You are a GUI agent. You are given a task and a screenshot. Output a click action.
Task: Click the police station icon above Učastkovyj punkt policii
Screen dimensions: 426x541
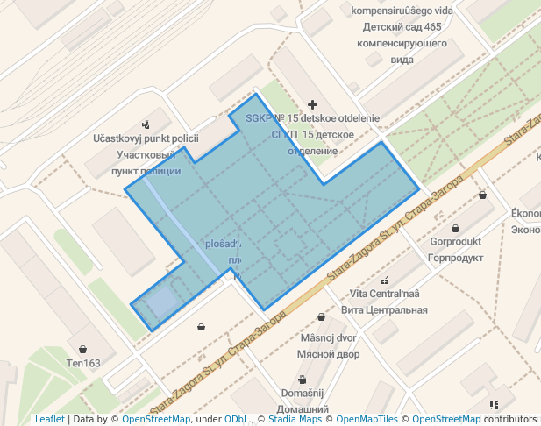145,124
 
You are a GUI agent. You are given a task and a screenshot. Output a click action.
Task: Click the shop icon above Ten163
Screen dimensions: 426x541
82,349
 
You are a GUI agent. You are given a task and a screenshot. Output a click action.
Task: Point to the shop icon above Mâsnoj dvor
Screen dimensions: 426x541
321,317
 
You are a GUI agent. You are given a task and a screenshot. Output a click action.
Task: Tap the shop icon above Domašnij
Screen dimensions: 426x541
302,380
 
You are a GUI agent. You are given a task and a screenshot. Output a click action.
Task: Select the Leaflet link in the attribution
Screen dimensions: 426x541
49,420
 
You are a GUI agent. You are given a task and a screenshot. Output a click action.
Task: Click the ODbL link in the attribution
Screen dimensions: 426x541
237,420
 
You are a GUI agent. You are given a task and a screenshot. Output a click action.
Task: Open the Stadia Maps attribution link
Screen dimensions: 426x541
292,420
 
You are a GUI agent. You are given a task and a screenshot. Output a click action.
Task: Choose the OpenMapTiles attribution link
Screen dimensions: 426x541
366,420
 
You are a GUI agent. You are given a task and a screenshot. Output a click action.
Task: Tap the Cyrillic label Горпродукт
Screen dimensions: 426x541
457,259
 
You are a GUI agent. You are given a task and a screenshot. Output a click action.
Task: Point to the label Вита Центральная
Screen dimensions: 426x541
384,309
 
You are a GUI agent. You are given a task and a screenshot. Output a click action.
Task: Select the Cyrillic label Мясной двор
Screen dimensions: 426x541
329,355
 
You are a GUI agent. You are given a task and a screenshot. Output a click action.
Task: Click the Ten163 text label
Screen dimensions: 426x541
83,363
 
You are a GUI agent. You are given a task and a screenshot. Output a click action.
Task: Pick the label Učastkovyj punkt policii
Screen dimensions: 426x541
146,138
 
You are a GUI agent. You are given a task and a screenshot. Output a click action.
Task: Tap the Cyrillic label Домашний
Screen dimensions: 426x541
303,409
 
